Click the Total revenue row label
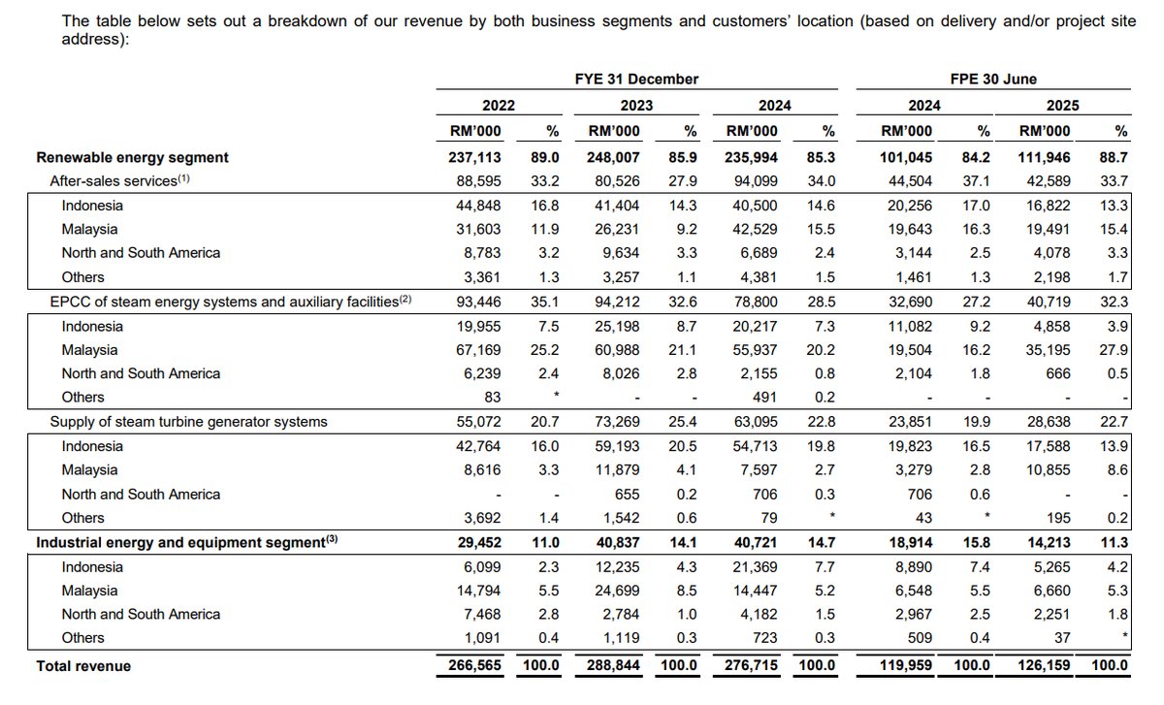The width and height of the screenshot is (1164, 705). [x=83, y=666]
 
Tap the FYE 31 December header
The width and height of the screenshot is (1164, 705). [x=636, y=80]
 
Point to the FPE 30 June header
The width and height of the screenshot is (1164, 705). [x=993, y=80]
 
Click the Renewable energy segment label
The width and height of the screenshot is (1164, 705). [x=132, y=157]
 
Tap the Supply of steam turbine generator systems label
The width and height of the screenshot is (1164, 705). [x=188, y=422]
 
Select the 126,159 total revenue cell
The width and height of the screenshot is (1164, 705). [x=1044, y=666]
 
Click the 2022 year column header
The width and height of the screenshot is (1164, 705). [x=499, y=106]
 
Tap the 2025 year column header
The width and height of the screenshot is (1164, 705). [x=1062, y=106]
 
